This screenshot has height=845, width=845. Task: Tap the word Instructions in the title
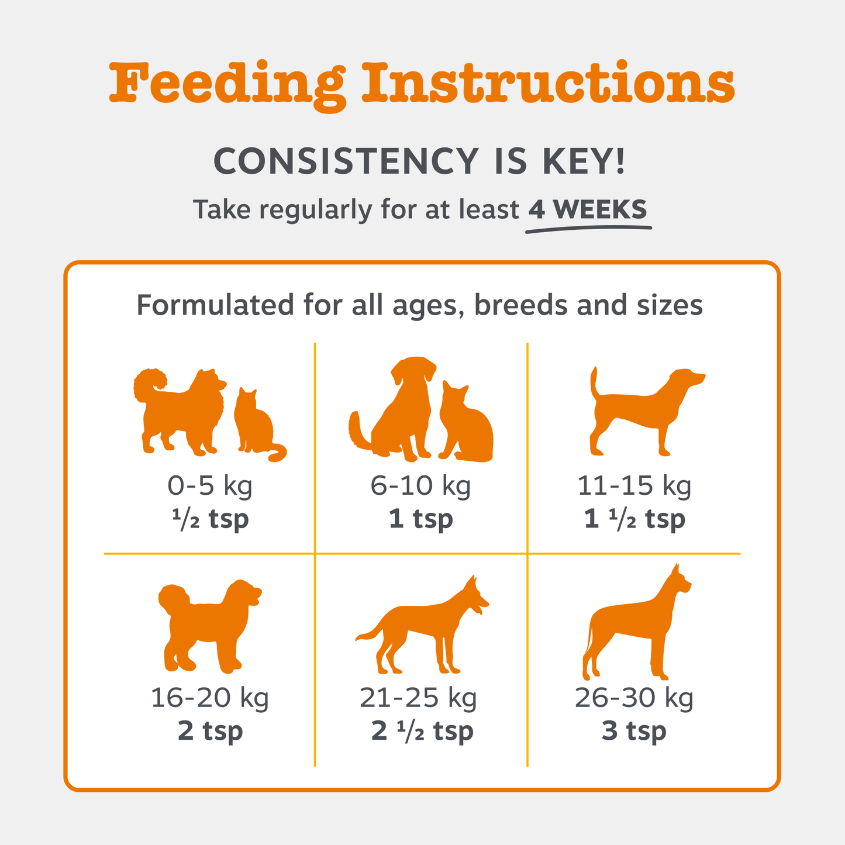548,83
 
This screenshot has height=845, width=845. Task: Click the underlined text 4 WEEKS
588,209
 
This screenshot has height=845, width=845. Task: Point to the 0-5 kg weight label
210,485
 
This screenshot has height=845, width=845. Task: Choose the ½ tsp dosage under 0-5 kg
210,519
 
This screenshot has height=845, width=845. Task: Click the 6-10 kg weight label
420,485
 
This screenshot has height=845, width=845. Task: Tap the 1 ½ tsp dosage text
634,519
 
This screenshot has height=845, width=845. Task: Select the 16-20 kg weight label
210,697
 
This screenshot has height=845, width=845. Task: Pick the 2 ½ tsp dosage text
422,731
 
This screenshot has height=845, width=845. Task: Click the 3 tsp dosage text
634,731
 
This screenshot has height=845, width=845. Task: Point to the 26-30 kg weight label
634,697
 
